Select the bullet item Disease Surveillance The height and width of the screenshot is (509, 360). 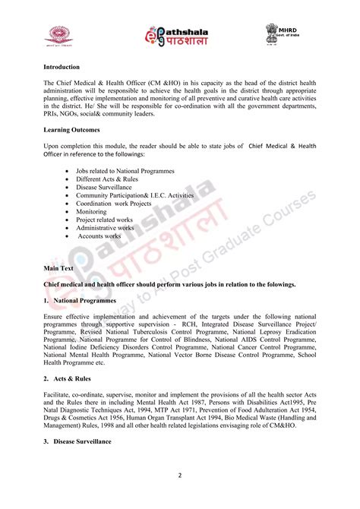click(103, 187)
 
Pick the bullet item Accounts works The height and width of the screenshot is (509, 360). click(101, 236)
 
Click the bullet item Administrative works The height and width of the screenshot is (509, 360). click(105, 228)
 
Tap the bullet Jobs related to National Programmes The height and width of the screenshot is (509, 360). click(125, 171)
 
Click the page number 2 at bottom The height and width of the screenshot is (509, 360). click(179, 477)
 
